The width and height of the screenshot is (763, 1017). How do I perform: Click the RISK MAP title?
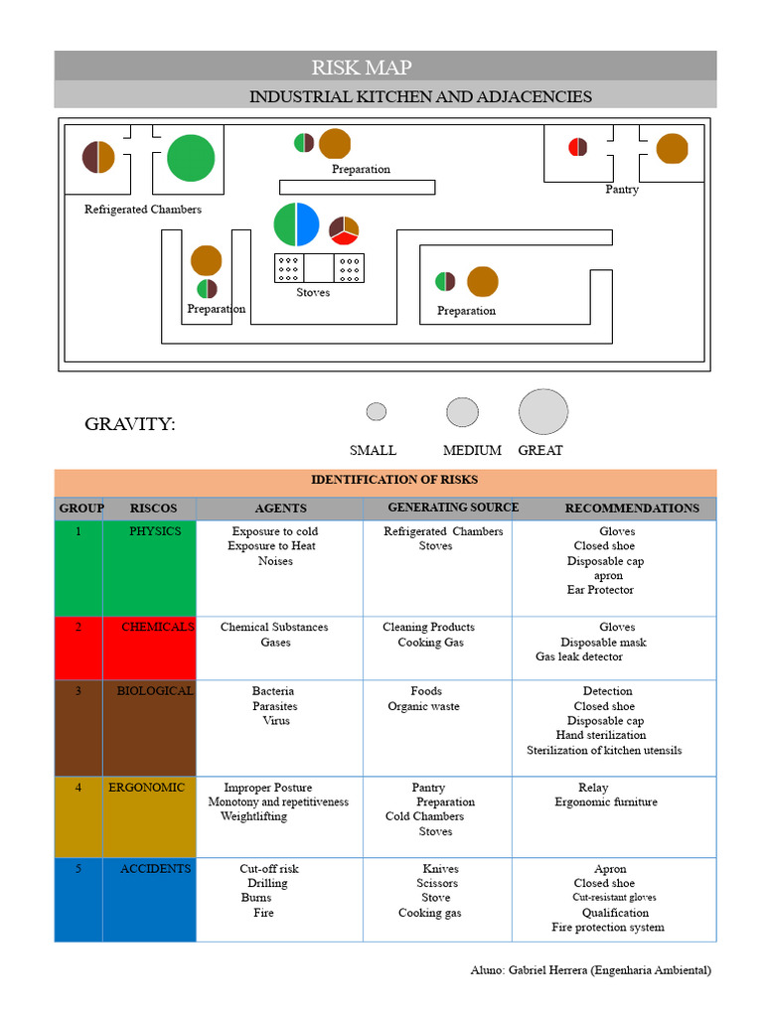coord(361,68)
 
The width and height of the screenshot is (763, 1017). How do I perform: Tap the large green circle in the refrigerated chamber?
coord(191,158)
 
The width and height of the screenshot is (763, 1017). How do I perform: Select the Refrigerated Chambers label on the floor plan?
coord(143,210)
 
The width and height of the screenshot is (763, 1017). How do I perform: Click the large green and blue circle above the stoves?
coord(296,224)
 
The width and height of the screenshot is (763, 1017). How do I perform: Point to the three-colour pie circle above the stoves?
coord(344,229)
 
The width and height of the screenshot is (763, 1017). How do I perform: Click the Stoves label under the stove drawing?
coord(313,293)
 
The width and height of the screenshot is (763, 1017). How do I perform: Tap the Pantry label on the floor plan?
coord(622,190)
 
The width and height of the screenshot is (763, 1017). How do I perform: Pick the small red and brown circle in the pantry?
coord(577,147)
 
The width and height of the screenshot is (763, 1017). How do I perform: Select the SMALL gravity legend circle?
coord(377,411)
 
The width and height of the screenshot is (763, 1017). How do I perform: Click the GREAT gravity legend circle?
coord(543,411)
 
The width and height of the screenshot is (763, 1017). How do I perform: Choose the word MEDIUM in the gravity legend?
coord(472,451)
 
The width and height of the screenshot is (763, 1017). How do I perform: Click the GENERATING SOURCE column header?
coord(453,508)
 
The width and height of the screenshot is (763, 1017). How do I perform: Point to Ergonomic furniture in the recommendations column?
coord(606,802)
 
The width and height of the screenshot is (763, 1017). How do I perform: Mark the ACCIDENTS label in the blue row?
coord(155,869)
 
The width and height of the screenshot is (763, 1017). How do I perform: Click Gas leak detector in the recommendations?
coord(579,656)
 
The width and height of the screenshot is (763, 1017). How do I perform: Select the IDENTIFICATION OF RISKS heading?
coord(394,480)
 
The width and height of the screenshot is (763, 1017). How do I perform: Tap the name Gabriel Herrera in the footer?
coord(546,970)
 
